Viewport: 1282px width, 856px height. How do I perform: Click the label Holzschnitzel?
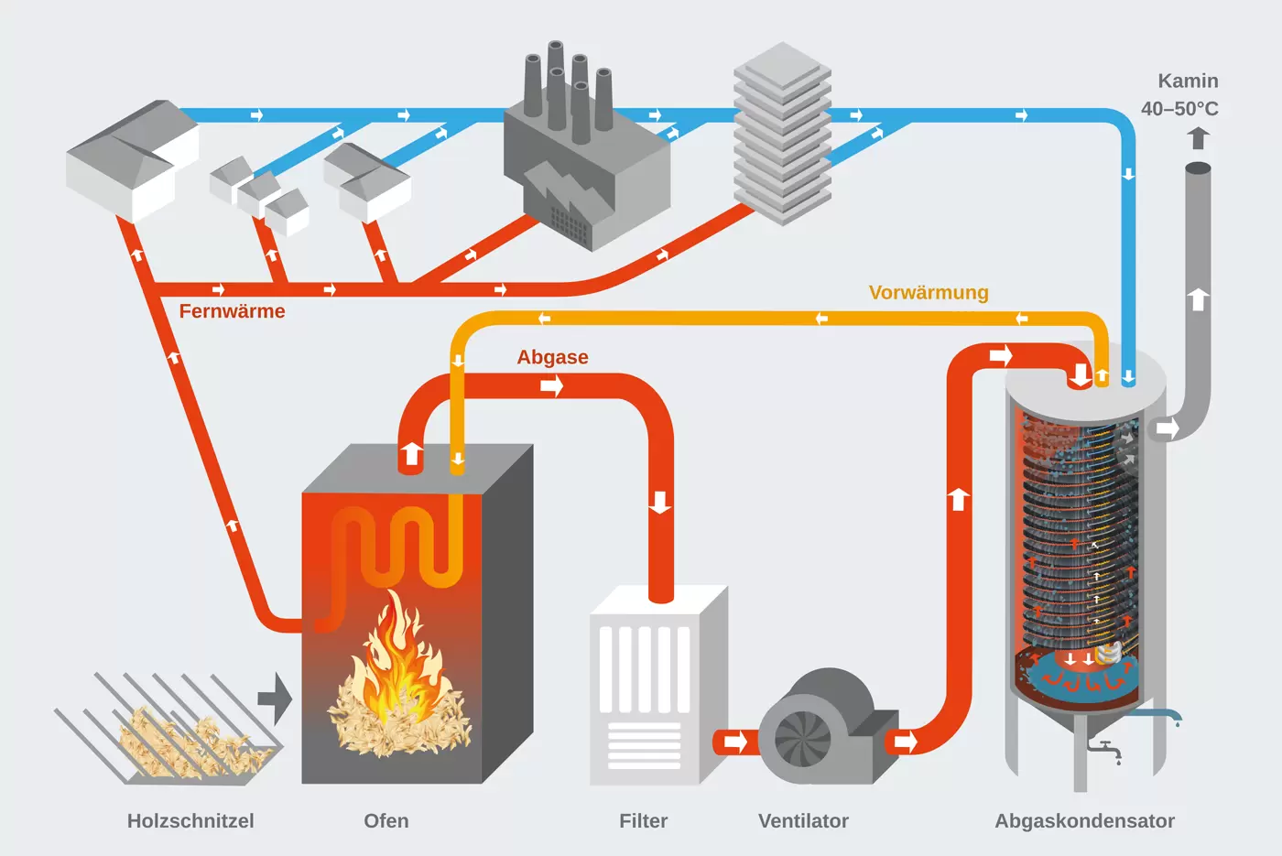(190, 821)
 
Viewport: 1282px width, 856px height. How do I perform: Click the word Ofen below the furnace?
(386, 821)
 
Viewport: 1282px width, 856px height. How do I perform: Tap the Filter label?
(643, 821)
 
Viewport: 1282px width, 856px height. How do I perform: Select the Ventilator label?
(803, 821)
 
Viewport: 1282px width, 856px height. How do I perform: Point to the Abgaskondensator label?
(1084, 821)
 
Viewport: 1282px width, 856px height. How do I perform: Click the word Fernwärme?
(232, 311)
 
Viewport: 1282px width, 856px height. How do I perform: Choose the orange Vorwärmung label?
(929, 293)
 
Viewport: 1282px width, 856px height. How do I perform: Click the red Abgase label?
(552, 357)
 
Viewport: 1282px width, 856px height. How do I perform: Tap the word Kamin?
(1188, 81)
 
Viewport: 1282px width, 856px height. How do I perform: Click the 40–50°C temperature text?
(1179, 109)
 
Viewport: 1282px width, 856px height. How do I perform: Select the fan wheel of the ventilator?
(803, 738)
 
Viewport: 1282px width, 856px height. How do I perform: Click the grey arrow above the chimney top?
(1198, 138)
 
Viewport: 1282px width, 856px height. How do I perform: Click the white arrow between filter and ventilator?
(734, 741)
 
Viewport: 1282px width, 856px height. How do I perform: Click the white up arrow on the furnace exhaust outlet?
(411, 454)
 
